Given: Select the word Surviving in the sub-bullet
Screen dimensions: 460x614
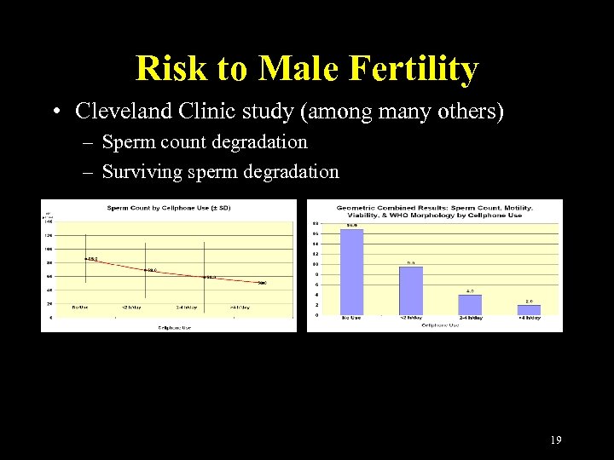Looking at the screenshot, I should click(x=142, y=172).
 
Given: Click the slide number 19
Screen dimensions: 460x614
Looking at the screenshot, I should click(x=556, y=440).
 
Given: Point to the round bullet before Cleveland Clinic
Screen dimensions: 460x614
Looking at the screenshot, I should click(x=55, y=112).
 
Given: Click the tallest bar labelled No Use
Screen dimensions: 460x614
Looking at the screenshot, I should click(x=351, y=272).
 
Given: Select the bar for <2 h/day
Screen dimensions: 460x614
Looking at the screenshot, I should click(x=410, y=290).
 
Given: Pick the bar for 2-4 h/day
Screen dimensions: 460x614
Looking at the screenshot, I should click(x=470, y=305).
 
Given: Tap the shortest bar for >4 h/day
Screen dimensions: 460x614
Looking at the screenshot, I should click(x=529, y=310).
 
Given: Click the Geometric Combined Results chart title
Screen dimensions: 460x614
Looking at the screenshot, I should click(x=434, y=211).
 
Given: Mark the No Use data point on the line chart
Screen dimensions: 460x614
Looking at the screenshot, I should click(x=86, y=258).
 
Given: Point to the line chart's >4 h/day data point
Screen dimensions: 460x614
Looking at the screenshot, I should click(x=260, y=283).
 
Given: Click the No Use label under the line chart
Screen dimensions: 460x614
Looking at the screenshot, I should click(x=81, y=308).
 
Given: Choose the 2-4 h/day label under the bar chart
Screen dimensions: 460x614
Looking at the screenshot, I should click(x=470, y=318).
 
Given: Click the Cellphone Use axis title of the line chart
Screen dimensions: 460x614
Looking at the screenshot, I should click(x=173, y=325).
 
